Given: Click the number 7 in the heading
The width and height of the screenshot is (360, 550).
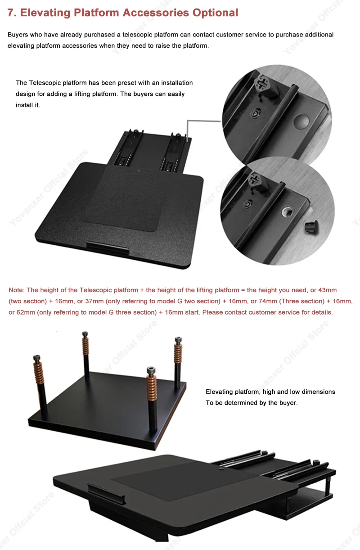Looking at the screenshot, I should (x=11, y=13).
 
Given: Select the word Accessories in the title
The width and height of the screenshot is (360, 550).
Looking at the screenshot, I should (x=156, y=13).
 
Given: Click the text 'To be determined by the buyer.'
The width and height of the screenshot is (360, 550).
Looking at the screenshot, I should (x=252, y=403).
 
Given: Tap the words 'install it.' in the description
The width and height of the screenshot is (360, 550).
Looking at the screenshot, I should (x=28, y=105).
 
